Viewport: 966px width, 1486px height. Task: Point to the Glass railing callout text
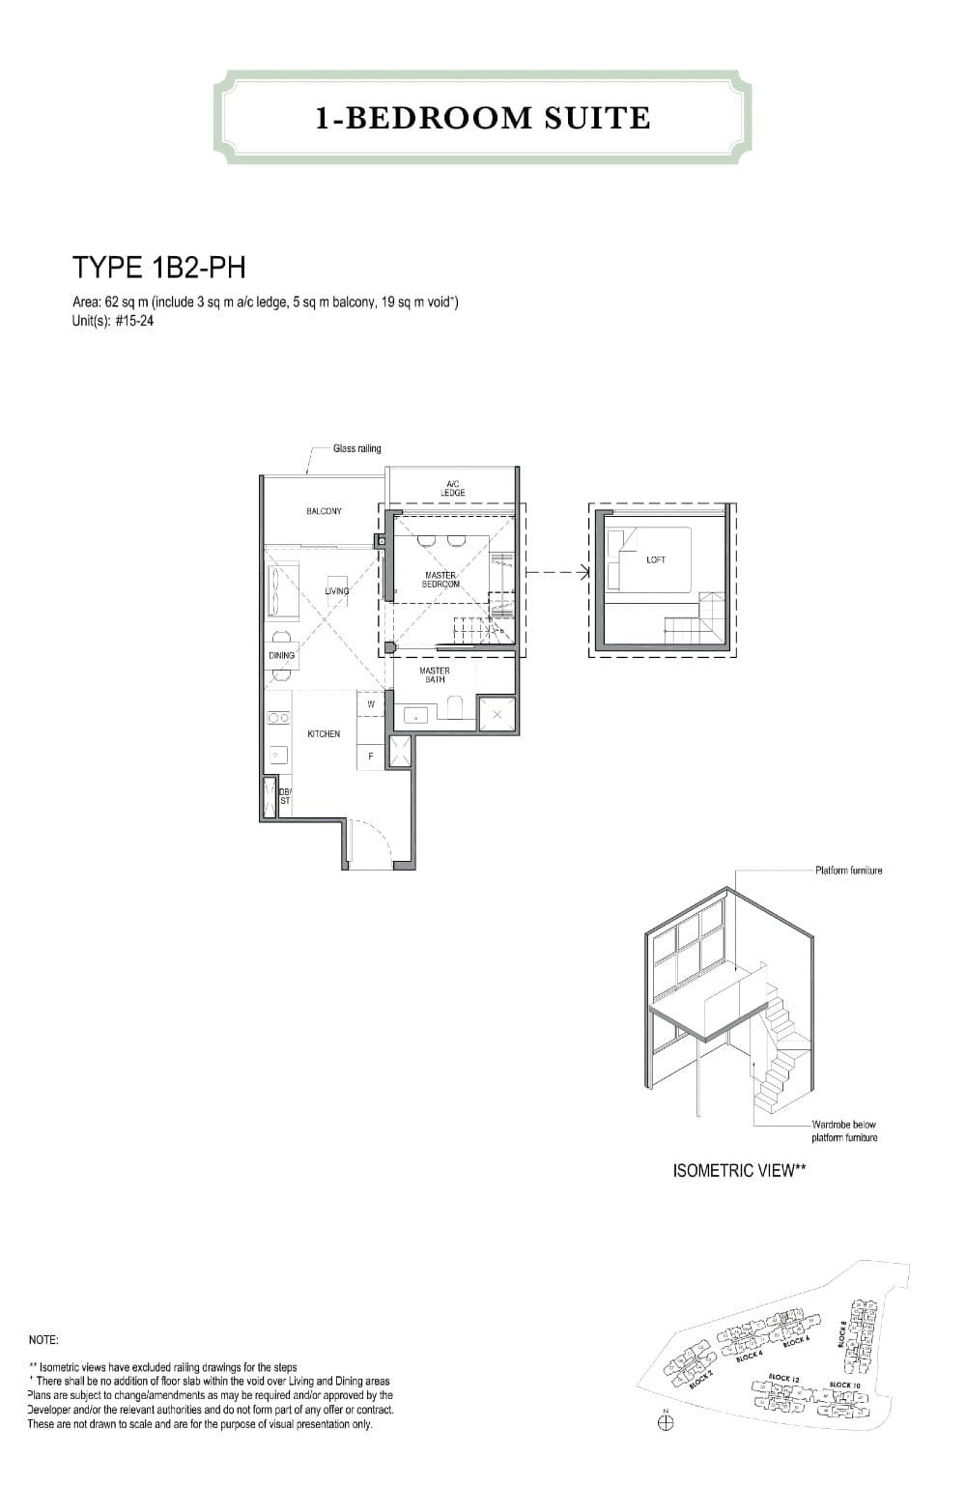tap(356, 448)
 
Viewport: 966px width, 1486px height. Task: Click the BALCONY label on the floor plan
tap(324, 511)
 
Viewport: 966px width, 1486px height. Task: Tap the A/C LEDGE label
tap(452, 489)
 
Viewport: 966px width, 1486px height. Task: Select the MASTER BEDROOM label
tap(440, 580)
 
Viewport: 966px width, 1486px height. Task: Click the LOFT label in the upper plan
tap(656, 559)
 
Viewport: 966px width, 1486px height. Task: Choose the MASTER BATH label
tap(434, 674)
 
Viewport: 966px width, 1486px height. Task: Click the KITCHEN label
tap(324, 734)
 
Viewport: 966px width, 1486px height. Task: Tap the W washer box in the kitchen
tap(371, 704)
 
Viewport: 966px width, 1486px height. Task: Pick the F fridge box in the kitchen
tap(371, 756)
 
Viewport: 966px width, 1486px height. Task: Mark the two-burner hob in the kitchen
tap(278, 718)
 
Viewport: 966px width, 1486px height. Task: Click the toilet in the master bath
tap(454, 711)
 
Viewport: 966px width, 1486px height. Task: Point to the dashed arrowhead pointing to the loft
tap(583, 572)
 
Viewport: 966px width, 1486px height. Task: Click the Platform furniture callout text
tap(848, 871)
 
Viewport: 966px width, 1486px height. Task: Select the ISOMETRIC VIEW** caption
tap(739, 1171)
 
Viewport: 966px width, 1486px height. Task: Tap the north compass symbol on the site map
tap(666, 1422)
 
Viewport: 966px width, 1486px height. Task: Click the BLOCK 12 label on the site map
tap(782, 1378)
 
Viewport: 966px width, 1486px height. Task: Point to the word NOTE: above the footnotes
tap(43, 1340)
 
